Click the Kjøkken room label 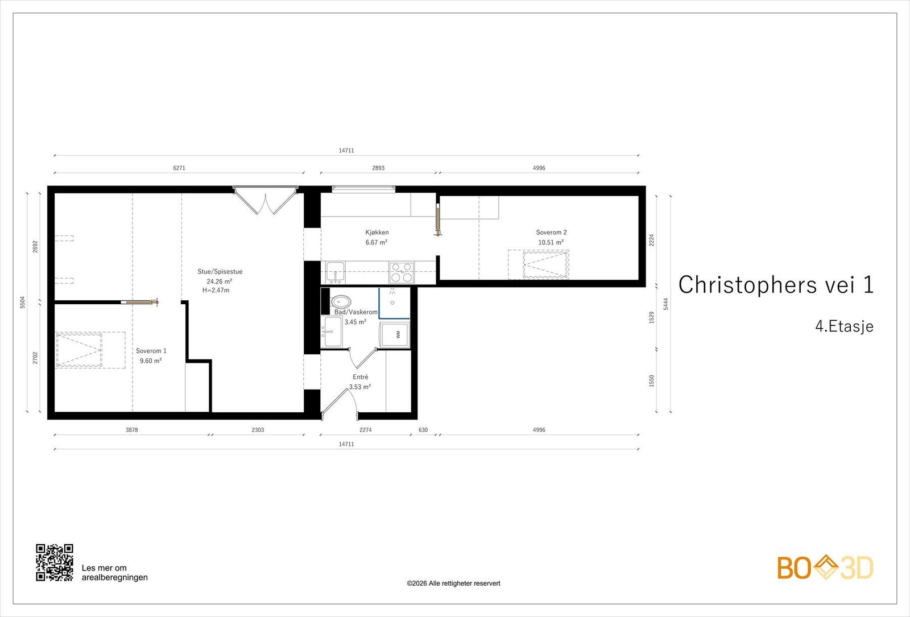(x=377, y=233)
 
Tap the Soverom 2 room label (x=551, y=233)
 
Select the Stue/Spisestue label (x=220, y=272)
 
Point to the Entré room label (x=361, y=377)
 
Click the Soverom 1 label (x=151, y=351)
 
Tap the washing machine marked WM (x=395, y=335)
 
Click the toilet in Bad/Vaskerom (x=341, y=302)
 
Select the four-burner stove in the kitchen (x=402, y=272)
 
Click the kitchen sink (x=336, y=272)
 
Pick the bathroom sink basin (x=333, y=332)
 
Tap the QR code (x=55, y=562)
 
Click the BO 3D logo (x=825, y=568)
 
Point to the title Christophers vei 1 (x=776, y=284)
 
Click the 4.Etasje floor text (x=844, y=326)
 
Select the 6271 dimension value (x=179, y=168)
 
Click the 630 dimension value (x=423, y=430)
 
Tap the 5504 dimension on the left (x=23, y=302)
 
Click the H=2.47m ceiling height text (x=216, y=290)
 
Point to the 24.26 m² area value (x=220, y=281)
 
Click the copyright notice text (x=453, y=583)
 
